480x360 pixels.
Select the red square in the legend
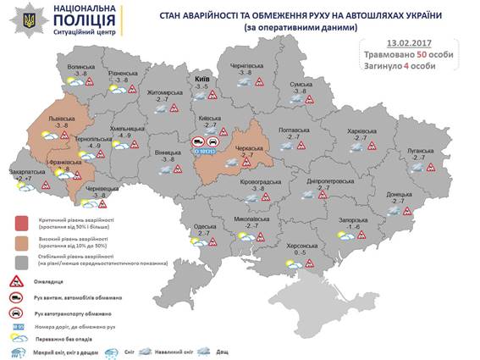pos(19,223)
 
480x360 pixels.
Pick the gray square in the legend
pos(19,258)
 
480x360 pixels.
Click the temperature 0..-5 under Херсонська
pos(299,253)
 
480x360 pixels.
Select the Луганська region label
pos(420,151)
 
